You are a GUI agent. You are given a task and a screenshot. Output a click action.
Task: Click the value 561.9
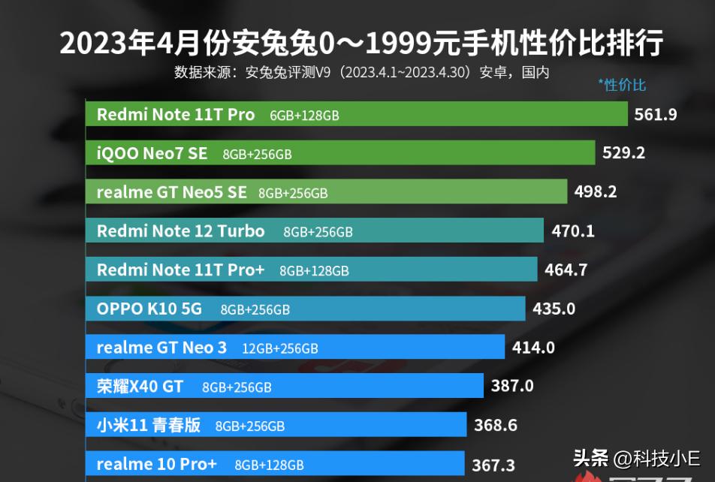[x=656, y=115]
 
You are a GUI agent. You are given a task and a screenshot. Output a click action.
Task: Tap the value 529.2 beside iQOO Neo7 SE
[x=623, y=153]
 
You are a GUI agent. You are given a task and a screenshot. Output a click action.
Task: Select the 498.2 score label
[x=595, y=192]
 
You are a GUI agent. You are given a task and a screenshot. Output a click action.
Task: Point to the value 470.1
[x=572, y=231]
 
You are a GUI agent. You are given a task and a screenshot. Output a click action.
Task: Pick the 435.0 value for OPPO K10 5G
[x=554, y=309]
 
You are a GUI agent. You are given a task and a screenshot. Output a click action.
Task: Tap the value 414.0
[x=533, y=348]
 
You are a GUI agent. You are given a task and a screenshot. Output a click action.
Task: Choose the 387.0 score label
[x=512, y=387]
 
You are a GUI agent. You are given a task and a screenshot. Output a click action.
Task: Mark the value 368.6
[x=496, y=426]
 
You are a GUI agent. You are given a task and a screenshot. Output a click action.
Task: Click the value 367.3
[x=493, y=465]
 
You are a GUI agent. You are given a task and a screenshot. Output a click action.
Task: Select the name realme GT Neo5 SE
[x=171, y=192]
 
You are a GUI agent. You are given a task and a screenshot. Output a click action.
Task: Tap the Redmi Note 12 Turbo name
[x=180, y=231]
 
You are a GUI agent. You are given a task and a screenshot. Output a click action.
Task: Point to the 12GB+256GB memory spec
[x=280, y=348]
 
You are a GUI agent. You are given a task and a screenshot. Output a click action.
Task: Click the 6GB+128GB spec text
[x=304, y=116]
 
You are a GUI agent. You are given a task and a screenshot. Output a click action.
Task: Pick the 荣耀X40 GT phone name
[x=140, y=387]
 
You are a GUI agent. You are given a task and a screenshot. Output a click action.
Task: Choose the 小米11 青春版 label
[x=148, y=426]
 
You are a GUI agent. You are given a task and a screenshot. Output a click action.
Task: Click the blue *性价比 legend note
[x=622, y=85]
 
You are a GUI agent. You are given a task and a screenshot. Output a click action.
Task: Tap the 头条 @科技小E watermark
[x=636, y=458]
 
